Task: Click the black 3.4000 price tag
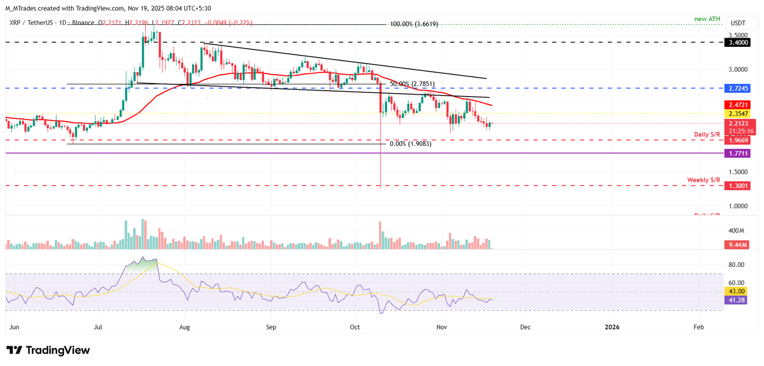739,43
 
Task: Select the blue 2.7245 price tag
739,88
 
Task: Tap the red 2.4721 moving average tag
739,106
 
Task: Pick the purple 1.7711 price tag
739,154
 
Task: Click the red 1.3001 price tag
739,186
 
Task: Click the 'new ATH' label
707,18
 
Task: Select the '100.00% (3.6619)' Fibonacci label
413,24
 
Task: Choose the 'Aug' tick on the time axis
185,327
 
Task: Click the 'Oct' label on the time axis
355,327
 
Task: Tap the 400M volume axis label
736,231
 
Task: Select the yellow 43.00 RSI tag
737,291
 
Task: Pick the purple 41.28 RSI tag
737,300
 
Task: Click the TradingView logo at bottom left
48,350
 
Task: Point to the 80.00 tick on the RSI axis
737,264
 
